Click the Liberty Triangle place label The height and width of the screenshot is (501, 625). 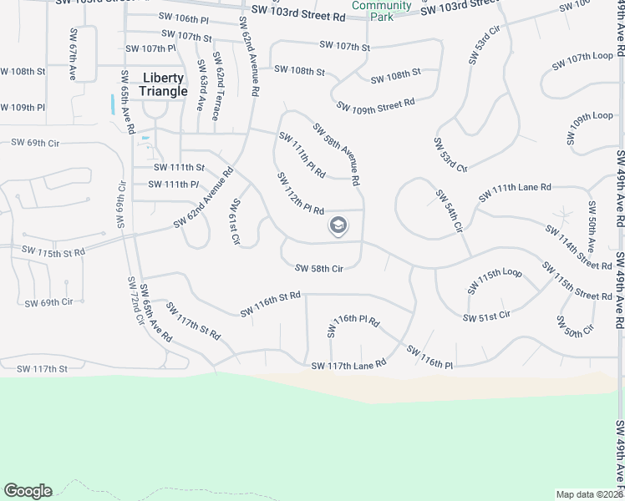(164, 84)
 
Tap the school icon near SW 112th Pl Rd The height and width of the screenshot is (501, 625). (338, 225)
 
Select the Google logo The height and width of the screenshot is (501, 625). (28, 491)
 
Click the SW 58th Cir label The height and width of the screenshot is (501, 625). (319, 268)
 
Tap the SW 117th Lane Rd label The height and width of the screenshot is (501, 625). (348, 365)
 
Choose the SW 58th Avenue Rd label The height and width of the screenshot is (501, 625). (337, 154)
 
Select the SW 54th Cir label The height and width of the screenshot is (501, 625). (448, 212)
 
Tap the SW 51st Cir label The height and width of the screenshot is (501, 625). (486, 316)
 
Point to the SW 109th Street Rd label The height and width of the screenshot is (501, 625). (376, 105)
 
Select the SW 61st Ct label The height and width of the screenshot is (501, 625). (236, 222)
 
